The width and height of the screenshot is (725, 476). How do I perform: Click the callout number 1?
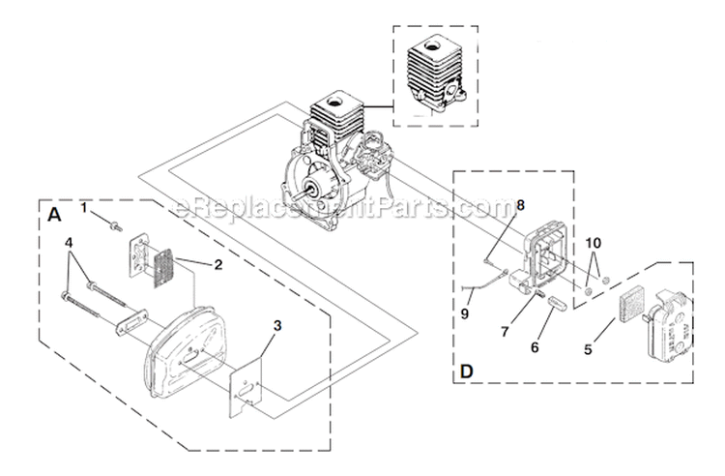point(84,207)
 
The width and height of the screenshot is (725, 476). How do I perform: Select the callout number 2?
point(220,264)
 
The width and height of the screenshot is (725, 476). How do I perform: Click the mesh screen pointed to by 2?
point(161,261)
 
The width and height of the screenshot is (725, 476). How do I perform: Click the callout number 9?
point(466,313)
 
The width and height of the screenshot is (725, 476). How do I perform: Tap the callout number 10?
point(593,241)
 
